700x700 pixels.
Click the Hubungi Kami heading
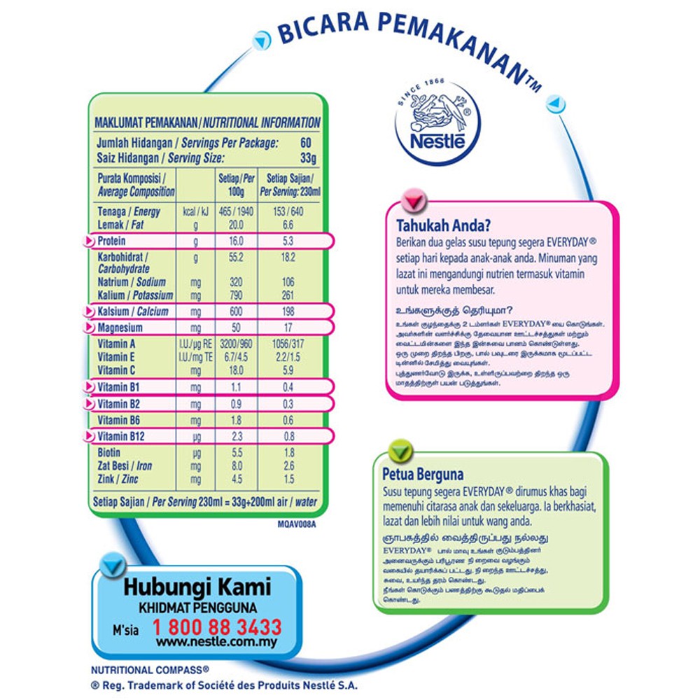(197, 587)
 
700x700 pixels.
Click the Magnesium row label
(121, 327)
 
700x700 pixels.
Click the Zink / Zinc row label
(117, 479)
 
